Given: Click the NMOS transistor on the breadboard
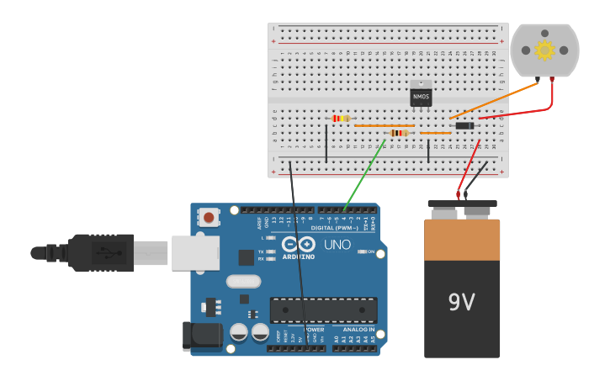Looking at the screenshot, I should [x=421, y=96].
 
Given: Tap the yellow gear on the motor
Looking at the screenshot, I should [x=545, y=50].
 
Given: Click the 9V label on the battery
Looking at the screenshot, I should [x=461, y=302].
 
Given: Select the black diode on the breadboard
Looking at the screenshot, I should [x=464, y=126].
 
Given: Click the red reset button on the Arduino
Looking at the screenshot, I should [x=208, y=218].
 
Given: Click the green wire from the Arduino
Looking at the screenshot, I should [x=363, y=175].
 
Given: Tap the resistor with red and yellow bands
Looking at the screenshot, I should [x=340, y=119].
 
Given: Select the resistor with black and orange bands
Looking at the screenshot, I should [x=399, y=133].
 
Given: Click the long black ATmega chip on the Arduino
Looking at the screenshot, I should [x=323, y=310].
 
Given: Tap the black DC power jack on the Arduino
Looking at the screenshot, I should [x=202, y=336].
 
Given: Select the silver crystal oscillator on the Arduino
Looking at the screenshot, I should [x=243, y=282].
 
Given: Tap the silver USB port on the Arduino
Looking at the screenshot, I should [x=195, y=252].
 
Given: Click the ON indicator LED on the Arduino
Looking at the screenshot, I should [x=361, y=251].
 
